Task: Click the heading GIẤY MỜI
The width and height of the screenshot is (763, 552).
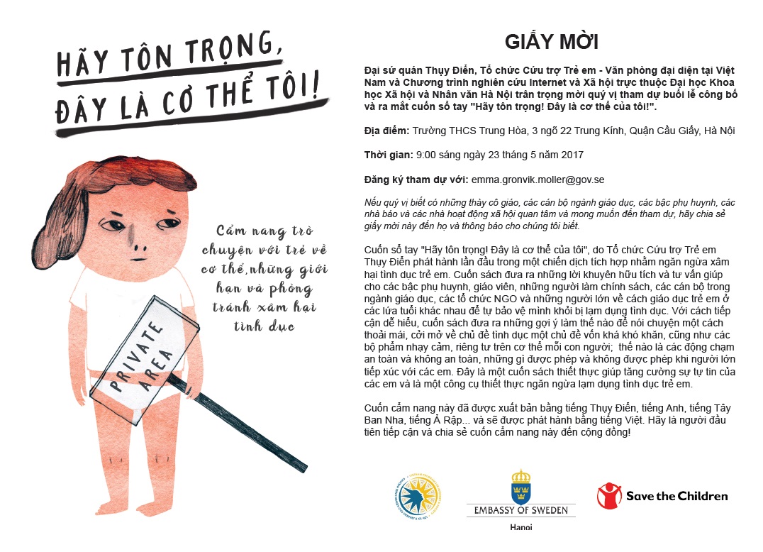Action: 551,42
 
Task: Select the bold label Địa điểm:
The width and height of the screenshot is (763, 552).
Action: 386,131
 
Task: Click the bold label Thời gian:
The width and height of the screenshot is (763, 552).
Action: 388,155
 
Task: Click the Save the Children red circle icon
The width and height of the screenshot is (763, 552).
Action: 608,495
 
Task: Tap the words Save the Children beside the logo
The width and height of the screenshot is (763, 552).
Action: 676,496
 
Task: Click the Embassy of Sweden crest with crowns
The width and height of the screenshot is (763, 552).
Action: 521,486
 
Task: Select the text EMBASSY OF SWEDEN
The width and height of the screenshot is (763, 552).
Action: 521,510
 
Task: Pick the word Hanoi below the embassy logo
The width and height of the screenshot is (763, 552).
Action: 521,527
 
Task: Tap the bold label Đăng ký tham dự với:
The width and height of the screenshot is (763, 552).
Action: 406,180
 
